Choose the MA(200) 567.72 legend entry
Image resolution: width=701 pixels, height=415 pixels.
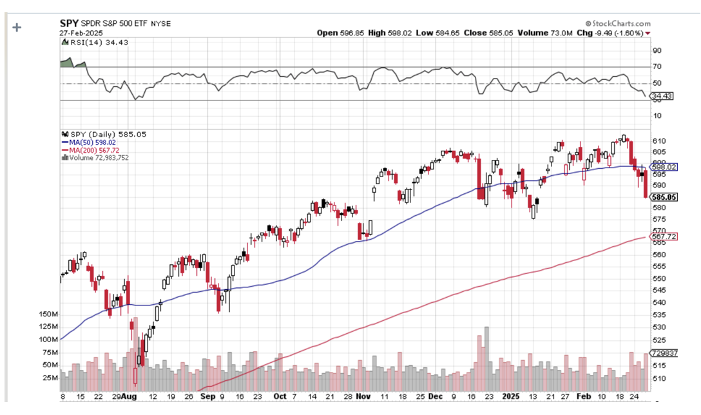pos(91,150)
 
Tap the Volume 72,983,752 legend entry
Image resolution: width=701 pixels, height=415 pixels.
pos(97,157)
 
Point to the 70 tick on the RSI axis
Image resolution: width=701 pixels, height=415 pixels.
pos(657,67)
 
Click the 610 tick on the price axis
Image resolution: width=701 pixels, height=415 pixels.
pos(659,141)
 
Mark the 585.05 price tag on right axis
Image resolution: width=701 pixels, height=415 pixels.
pos(664,197)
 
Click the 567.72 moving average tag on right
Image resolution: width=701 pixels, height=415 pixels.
pos(664,236)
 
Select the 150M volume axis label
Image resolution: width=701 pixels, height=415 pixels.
pos(49,314)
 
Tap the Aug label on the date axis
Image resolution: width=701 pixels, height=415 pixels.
pos(129,398)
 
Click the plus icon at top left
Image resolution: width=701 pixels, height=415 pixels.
pos(17,27)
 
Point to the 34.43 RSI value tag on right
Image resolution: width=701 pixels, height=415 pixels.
pos(662,96)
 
